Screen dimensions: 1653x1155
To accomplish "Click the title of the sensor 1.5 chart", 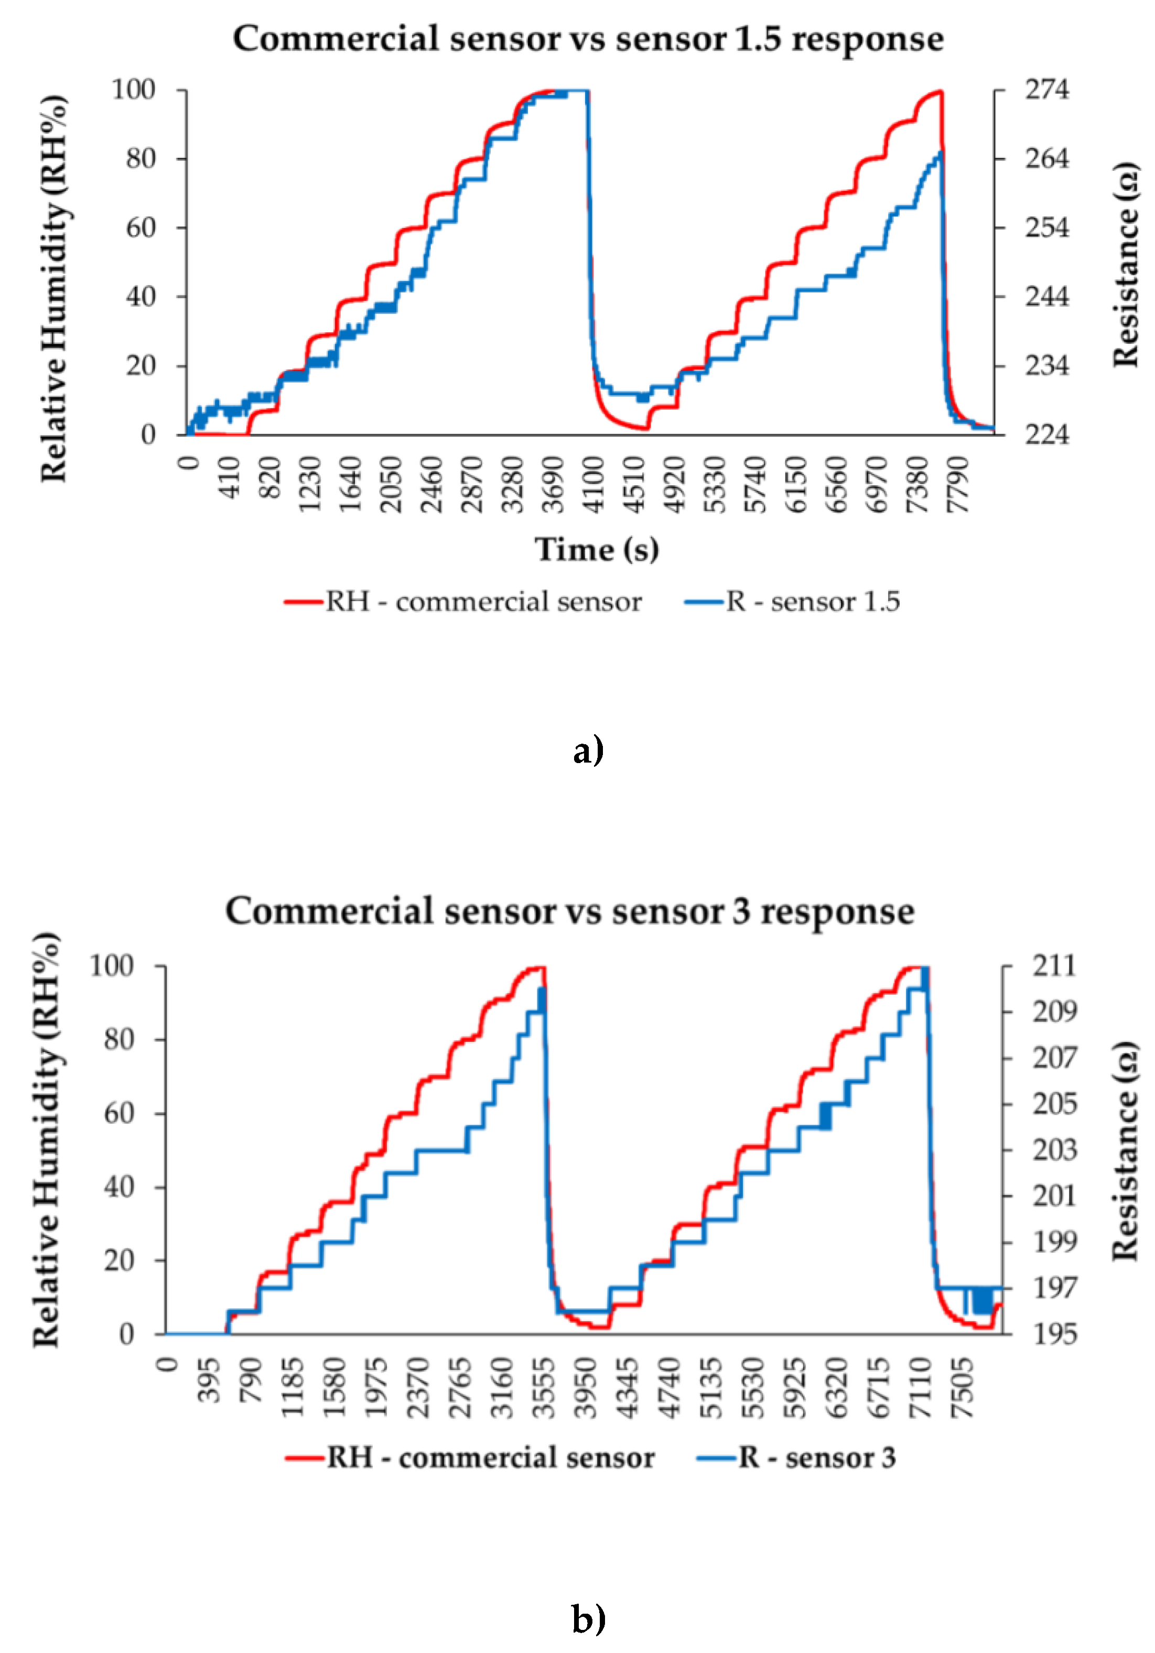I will click(x=588, y=39).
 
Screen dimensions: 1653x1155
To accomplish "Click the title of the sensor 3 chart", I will click(x=569, y=911).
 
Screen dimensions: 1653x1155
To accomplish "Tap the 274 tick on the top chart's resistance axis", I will click(x=1046, y=90).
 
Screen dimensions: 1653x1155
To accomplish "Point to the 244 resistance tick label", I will click(x=1046, y=297).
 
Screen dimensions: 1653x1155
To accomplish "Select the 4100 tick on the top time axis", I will click(x=595, y=484).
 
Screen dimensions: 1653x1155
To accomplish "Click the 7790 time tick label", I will click(x=958, y=484).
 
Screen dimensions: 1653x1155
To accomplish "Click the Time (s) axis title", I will click(x=596, y=550).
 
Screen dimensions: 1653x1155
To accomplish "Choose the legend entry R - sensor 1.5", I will click(x=792, y=602).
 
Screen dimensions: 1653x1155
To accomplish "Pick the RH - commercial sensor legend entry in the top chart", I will click(x=463, y=602).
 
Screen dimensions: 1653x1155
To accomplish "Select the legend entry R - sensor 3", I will click(x=797, y=1459).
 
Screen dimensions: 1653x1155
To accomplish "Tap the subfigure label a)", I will click(x=588, y=750).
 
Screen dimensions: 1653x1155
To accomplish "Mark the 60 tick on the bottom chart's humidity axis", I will click(x=119, y=1114).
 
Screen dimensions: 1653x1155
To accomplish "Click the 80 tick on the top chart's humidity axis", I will click(x=141, y=159).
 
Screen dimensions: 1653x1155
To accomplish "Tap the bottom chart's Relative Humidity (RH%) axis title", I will click(x=46, y=1140).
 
